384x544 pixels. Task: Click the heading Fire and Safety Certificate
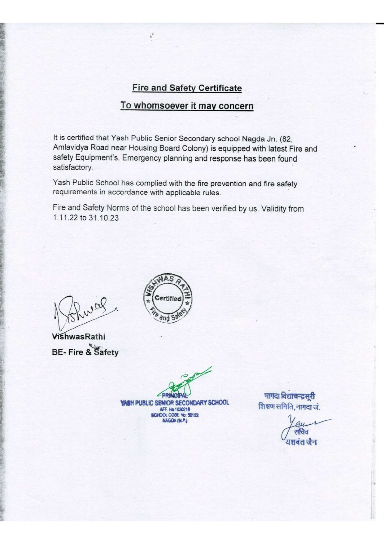[187, 88]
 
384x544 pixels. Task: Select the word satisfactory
[72, 167]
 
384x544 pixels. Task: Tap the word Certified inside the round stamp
[168, 298]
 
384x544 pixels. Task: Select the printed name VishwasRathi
[79, 337]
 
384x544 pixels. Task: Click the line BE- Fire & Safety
[85, 352]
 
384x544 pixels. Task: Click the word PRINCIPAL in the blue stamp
[175, 396]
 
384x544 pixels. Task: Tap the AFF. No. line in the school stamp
[175, 409]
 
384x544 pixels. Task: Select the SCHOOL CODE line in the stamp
[175, 415]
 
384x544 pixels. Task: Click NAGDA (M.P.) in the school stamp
[175, 421]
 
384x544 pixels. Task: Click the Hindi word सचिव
[301, 432]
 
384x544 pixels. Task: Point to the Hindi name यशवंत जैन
[301, 442]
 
